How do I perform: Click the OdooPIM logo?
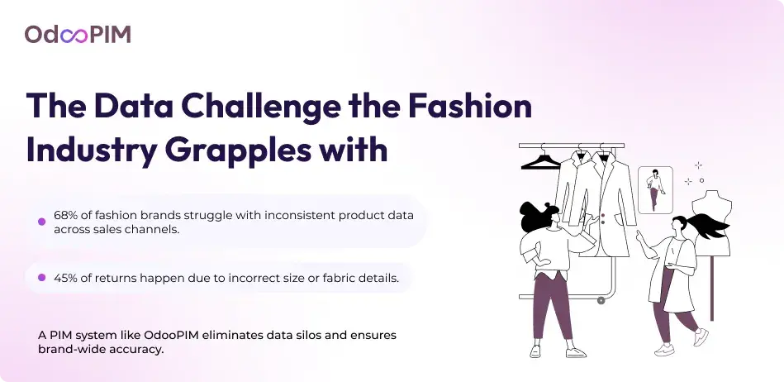(x=78, y=35)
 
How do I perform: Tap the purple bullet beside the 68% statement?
(x=42, y=222)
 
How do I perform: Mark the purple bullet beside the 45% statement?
(x=42, y=278)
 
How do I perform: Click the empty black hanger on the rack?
(x=540, y=161)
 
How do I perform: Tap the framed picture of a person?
(x=655, y=190)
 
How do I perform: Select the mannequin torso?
(x=711, y=220)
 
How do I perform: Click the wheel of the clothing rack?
(x=601, y=300)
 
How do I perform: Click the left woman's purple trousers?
(x=554, y=306)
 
